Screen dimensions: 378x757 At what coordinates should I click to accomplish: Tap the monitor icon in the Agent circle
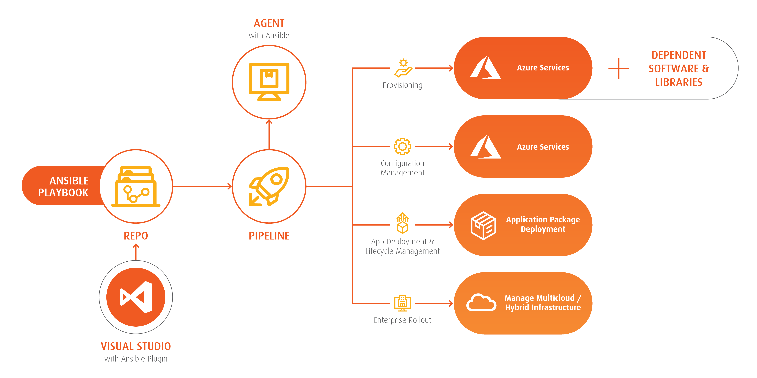(269, 82)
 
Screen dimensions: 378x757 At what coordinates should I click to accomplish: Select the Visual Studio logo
(136, 297)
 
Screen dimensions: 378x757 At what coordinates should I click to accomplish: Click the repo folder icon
(136, 186)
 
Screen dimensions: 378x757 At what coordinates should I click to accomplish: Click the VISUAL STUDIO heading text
(136, 346)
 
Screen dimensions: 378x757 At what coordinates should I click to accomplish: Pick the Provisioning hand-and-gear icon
(403, 68)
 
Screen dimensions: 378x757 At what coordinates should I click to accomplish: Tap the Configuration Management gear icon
(402, 146)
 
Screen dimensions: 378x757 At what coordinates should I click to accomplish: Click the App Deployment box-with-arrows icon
(402, 224)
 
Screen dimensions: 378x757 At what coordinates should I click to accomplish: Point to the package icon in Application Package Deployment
(483, 225)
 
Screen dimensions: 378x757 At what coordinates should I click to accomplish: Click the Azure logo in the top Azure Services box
(486, 68)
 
